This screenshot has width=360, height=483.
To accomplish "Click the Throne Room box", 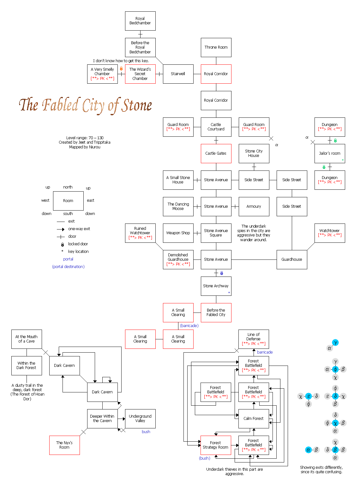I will (x=216, y=47).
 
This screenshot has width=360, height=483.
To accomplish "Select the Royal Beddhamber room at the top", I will (x=140, y=21).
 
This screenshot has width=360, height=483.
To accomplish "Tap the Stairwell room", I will (x=178, y=74).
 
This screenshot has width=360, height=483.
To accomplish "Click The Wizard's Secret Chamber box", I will (x=140, y=74).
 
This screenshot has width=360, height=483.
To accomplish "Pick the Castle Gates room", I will (x=216, y=153).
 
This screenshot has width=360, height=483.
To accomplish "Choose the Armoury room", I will (x=254, y=206).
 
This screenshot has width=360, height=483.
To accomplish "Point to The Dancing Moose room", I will (x=178, y=206).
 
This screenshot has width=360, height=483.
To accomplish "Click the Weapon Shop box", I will (x=178, y=233).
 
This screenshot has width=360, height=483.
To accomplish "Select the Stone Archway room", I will (x=216, y=286).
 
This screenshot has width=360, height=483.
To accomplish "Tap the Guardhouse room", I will (x=292, y=259).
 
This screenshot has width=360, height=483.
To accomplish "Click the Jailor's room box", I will (x=330, y=153).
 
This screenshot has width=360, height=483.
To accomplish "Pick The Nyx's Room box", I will (x=64, y=445).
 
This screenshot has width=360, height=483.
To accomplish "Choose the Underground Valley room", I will (x=140, y=419).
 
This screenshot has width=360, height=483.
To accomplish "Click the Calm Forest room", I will (x=254, y=419).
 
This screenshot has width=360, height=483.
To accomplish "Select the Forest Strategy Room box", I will (x=216, y=445).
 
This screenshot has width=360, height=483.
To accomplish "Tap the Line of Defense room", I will (x=254, y=339).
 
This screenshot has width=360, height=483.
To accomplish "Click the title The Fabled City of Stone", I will (x=85, y=105).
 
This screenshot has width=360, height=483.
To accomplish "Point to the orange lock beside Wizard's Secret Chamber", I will (x=121, y=69).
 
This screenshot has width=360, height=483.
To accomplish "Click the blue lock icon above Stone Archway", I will (x=222, y=273).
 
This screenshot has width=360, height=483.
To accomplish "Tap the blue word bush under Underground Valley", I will (x=146, y=432).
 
